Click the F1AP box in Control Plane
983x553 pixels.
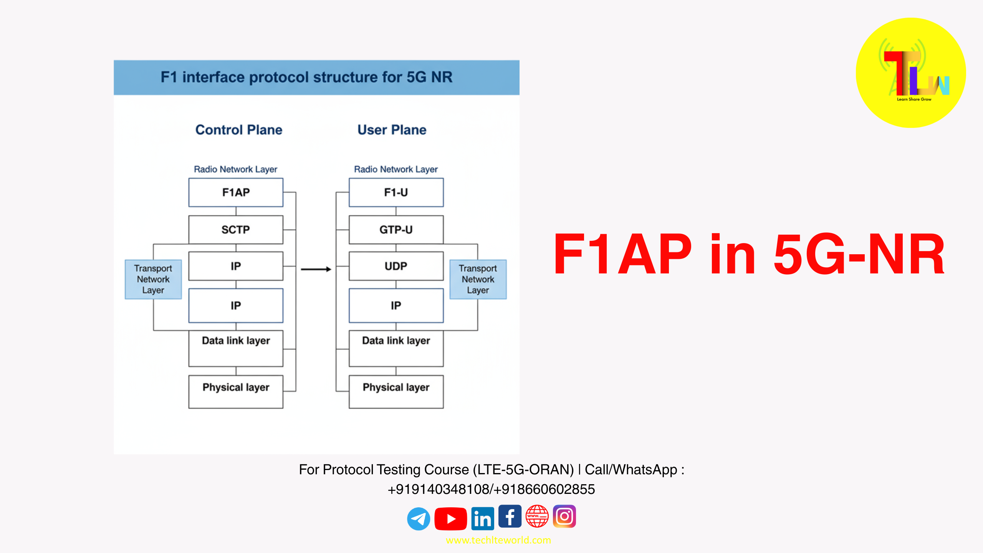[x=236, y=192]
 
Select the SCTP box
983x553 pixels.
[x=236, y=230]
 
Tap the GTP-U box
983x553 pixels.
[x=396, y=230]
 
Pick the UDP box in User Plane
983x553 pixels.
[x=396, y=266]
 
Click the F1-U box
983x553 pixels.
[x=396, y=192]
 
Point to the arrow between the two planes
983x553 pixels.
[x=316, y=269]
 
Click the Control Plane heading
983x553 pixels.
[x=239, y=130]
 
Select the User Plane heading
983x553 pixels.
[x=392, y=130]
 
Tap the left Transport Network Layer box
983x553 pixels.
[x=153, y=279]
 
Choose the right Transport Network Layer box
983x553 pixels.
[x=478, y=279]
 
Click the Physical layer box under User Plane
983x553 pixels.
[x=396, y=391]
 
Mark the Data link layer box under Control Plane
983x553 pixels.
[x=236, y=348]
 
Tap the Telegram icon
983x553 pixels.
[x=418, y=519]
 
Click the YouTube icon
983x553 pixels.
[x=450, y=519]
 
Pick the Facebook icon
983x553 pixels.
[x=510, y=517]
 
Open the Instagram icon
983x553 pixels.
[x=564, y=517]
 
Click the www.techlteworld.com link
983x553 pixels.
[x=498, y=540]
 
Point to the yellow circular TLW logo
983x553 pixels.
[x=911, y=73]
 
